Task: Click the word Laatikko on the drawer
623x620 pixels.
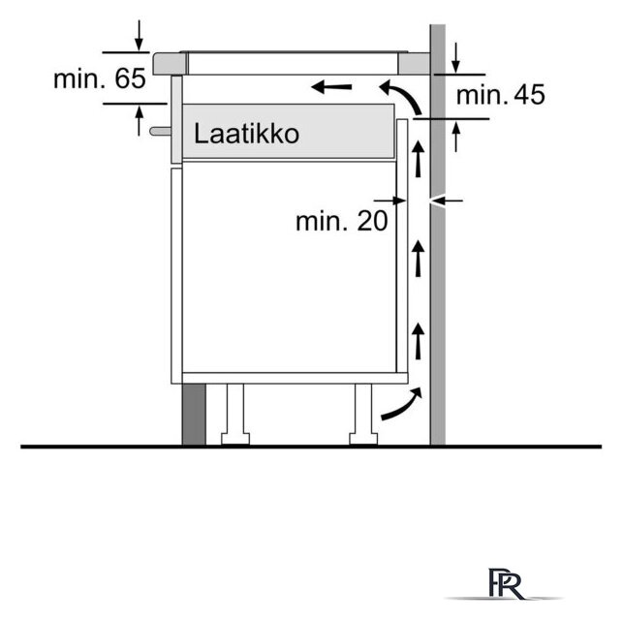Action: click(x=246, y=134)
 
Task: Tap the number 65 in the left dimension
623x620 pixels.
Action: click(x=131, y=78)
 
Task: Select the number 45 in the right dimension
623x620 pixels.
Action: click(x=529, y=95)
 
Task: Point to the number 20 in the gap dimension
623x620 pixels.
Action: click(x=372, y=221)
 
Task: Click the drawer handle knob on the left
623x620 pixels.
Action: click(x=161, y=131)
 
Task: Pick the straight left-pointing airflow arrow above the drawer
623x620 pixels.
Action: click(x=331, y=86)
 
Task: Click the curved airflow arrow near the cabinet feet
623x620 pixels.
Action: click(x=401, y=404)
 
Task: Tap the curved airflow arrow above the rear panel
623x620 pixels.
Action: click(x=402, y=95)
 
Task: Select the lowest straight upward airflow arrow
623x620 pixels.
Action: click(x=418, y=341)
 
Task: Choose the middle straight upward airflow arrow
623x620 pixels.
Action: click(x=418, y=259)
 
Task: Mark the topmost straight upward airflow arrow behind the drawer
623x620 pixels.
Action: click(x=418, y=159)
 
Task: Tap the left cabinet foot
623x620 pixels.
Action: click(x=235, y=415)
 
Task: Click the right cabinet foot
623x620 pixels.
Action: click(x=363, y=415)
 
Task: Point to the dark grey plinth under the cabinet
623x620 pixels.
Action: click(x=194, y=415)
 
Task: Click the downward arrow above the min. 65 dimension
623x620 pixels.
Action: click(x=139, y=36)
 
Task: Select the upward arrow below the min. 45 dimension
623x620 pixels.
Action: click(x=456, y=137)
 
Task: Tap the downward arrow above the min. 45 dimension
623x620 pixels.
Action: click(x=456, y=58)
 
